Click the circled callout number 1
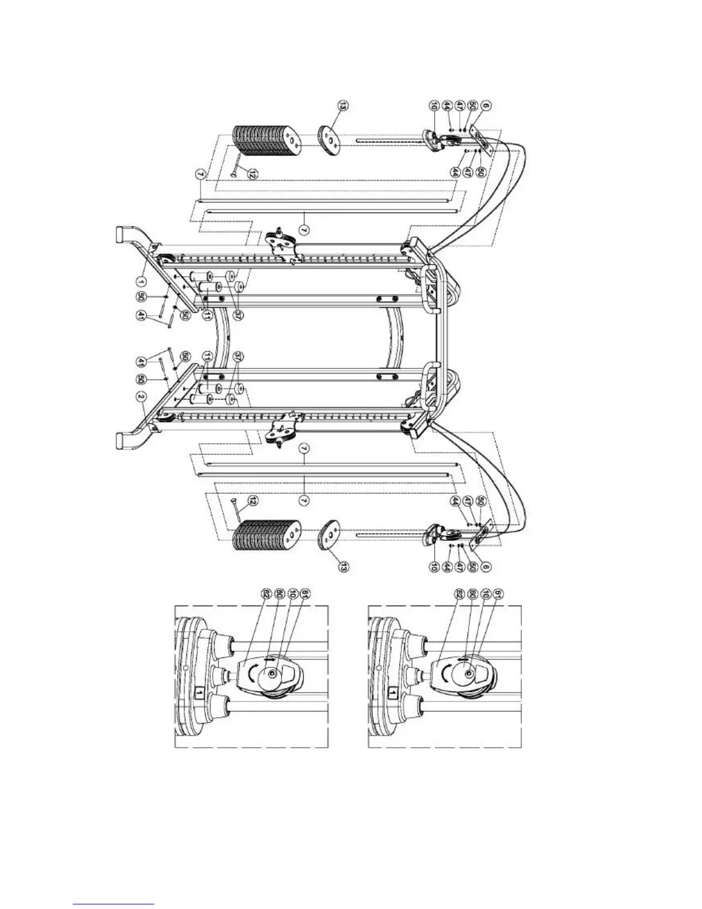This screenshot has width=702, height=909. pyautogui.click(x=141, y=281)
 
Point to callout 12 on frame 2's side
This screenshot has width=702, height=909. pyautogui.click(x=251, y=501)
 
